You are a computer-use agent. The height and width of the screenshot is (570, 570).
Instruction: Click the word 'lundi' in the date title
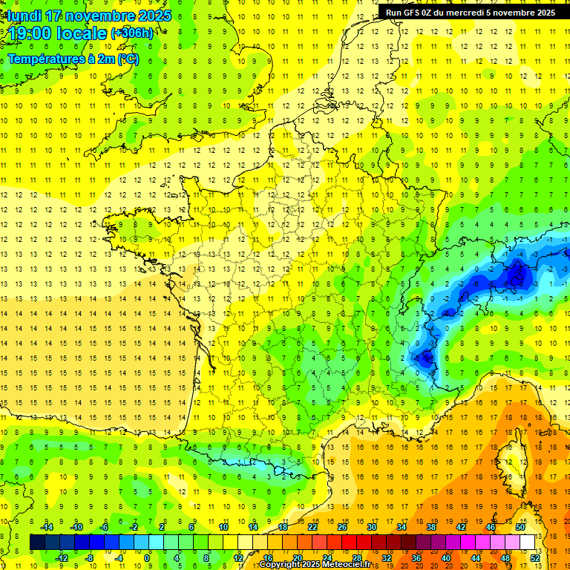(25, 16)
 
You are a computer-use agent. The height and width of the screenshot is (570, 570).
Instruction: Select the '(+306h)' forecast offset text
(132, 33)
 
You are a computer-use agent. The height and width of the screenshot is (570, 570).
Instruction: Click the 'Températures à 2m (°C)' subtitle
(73, 59)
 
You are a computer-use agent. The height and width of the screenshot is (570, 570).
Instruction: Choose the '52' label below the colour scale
(535, 558)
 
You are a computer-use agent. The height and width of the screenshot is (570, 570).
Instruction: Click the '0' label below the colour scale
(147, 558)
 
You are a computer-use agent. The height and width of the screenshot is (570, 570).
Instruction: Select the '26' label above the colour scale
(342, 527)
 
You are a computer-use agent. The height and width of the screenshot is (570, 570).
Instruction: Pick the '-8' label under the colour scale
(90, 558)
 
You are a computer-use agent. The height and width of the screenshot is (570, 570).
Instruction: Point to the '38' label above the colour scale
(430, 527)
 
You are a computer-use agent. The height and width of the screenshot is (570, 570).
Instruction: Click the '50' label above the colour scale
(520, 527)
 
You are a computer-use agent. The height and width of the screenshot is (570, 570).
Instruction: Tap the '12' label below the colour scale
(238, 558)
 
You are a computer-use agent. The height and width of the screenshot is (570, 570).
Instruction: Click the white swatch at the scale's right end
(527, 543)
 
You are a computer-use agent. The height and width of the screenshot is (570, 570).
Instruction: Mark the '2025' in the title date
(154, 16)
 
